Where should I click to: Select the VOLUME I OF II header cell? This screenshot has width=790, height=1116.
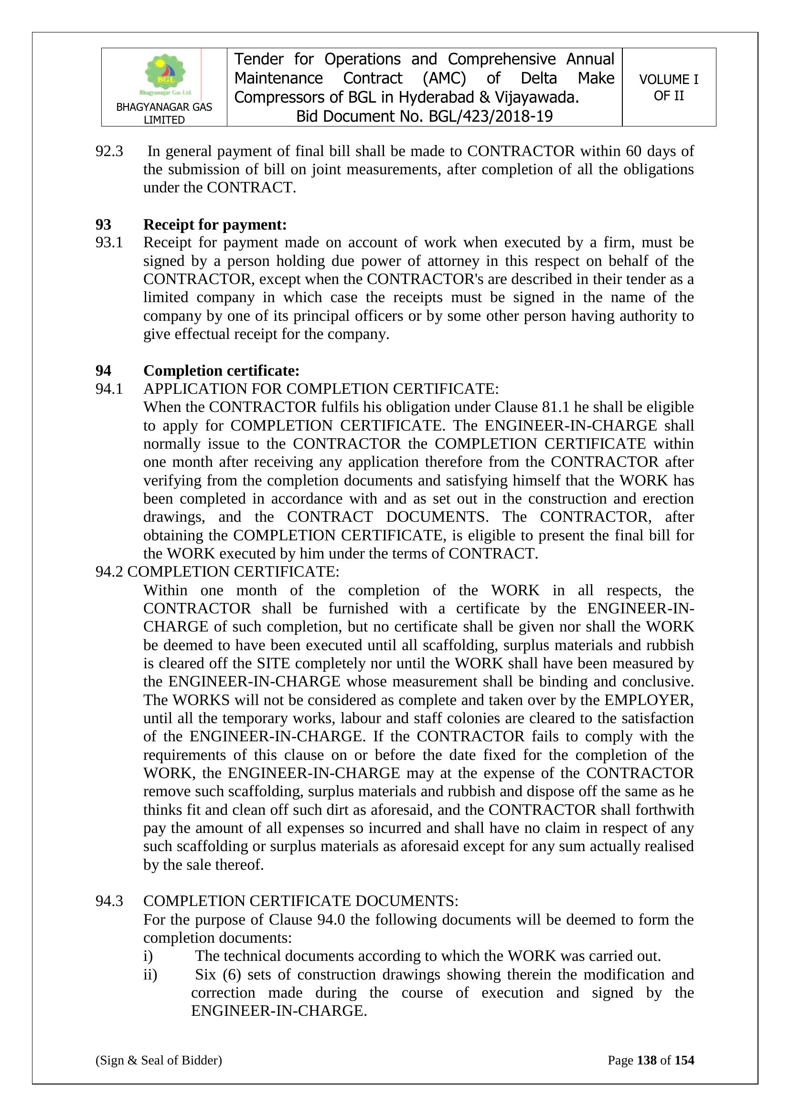tap(668, 87)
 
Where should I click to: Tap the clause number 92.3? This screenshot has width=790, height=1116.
tap(109, 151)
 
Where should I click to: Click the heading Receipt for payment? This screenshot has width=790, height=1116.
tap(214, 224)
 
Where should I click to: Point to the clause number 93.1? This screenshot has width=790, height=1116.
tap(109, 242)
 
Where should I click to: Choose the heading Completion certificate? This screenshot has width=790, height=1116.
tap(221, 371)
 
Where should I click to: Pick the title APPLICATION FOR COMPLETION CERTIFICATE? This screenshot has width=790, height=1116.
tap(320, 389)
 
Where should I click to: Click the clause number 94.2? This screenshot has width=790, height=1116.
tap(109, 572)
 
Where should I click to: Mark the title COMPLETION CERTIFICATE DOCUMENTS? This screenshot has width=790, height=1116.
tap(300, 901)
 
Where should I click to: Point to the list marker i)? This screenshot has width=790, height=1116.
tap(148, 956)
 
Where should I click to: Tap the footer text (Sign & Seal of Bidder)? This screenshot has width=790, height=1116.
tap(159, 1060)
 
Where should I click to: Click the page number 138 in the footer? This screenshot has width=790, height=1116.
tap(647, 1060)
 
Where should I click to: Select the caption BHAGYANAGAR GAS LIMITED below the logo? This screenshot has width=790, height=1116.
tap(164, 113)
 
